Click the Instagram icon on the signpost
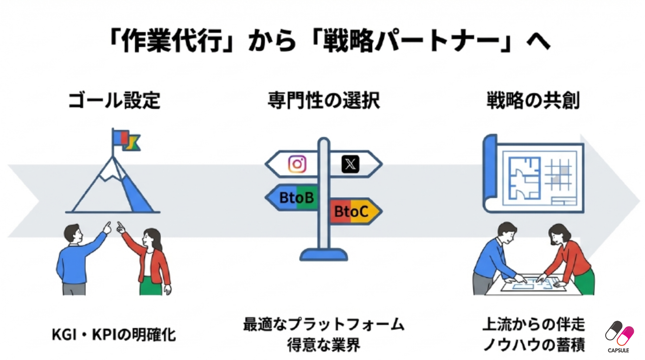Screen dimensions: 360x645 (297, 164)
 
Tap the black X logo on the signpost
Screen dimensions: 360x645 (350, 164)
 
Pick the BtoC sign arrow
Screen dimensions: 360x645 (353, 211)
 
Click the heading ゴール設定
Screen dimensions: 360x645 (114, 101)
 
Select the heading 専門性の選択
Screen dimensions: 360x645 (324, 101)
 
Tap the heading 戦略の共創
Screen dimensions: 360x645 (533, 101)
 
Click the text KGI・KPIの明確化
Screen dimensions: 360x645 (114, 335)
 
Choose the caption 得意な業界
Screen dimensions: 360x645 (324, 345)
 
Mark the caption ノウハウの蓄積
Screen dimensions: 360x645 (534, 345)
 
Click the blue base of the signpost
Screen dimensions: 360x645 (324, 255)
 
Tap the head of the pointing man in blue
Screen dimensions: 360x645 (73, 234)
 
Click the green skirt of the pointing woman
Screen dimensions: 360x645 (150, 287)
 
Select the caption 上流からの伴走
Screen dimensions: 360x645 (534, 324)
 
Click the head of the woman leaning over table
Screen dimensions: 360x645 (559, 234)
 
